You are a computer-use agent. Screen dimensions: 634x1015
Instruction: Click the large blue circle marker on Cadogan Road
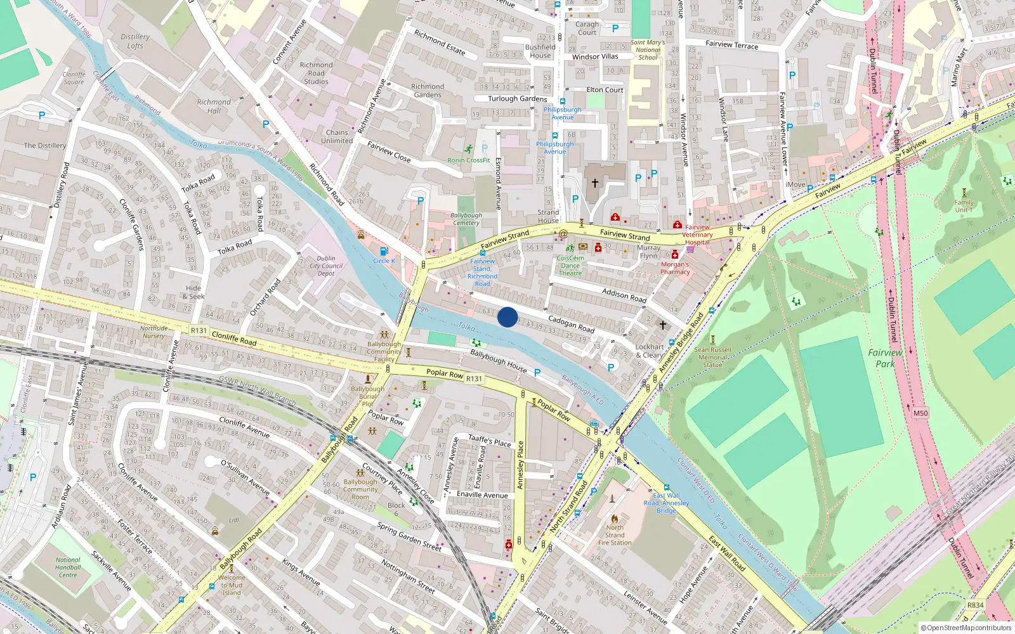[x=507, y=317]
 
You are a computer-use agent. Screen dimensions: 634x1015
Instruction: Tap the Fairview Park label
[x=885, y=358]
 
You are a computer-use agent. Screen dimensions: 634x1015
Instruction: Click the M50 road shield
[x=920, y=413]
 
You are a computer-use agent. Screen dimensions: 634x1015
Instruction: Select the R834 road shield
[x=975, y=605]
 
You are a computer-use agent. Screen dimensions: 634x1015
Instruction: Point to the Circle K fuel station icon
[x=383, y=252]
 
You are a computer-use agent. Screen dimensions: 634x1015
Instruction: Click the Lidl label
[x=234, y=520]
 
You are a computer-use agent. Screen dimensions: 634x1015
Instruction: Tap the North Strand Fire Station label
[x=615, y=535]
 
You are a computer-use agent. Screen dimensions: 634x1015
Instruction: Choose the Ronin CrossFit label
[x=469, y=160]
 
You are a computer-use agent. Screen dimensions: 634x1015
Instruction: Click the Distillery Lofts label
[x=135, y=41]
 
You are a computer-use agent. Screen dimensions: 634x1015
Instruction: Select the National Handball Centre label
[x=68, y=567]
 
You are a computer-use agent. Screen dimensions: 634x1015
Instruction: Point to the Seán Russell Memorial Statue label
[x=712, y=357]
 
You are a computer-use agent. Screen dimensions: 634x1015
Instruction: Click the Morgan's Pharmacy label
[x=675, y=268]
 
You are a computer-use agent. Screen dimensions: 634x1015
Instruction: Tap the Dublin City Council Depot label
[x=326, y=266]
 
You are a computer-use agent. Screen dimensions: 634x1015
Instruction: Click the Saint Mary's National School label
[x=648, y=50]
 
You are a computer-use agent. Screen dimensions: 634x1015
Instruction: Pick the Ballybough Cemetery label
[x=466, y=219]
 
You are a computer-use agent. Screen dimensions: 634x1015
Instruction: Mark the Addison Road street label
[x=624, y=295]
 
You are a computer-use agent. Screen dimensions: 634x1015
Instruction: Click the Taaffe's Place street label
[x=489, y=441]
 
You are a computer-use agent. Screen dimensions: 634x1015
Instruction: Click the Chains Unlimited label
[x=337, y=137]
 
